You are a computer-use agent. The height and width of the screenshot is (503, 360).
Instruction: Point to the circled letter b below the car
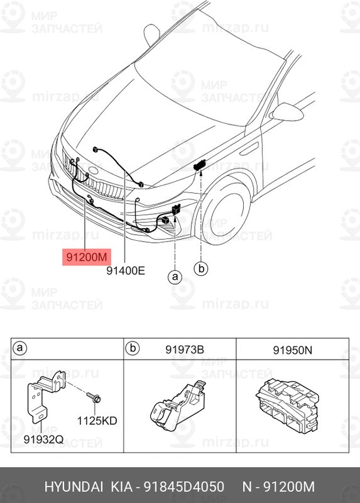(x=200, y=268)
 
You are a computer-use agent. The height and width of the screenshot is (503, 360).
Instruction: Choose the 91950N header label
(x=291, y=348)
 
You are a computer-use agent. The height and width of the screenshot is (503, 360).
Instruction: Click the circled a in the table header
(x=20, y=348)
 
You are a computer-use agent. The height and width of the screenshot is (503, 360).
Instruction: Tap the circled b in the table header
(x=133, y=348)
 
